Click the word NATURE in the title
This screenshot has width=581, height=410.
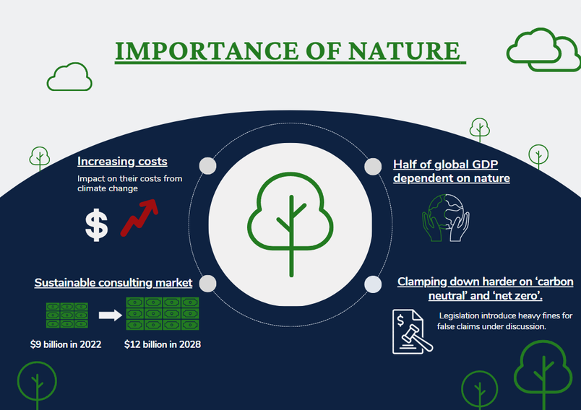(x=404, y=51)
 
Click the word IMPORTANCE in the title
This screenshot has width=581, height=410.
(x=207, y=51)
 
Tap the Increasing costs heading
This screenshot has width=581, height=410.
(x=122, y=162)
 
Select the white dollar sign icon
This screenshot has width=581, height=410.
(x=97, y=225)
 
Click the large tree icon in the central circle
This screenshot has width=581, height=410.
(x=291, y=224)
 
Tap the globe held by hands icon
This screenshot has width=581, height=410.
(x=446, y=217)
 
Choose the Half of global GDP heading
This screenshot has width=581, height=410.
(x=452, y=171)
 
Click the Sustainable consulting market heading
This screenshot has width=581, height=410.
(x=113, y=283)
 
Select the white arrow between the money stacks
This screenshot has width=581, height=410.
(x=110, y=315)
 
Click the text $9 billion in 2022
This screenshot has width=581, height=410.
(x=66, y=344)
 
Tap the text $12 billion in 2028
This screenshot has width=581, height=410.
(x=163, y=344)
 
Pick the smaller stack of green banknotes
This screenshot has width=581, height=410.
(x=67, y=315)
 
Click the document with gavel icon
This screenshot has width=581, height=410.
(x=412, y=331)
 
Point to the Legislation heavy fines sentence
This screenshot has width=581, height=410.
(x=504, y=320)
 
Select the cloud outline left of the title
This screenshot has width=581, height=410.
(x=69, y=77)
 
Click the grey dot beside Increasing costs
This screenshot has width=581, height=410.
(x=207, y=166)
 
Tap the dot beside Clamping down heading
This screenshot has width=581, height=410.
(x=373, y=284)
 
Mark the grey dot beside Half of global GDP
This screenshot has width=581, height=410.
(x=373, y=167)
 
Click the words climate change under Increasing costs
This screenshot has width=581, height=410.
(x=108, y=188)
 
